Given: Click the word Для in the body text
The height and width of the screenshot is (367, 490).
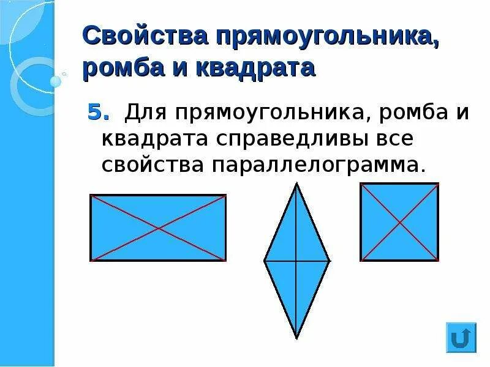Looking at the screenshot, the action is pos(146,113).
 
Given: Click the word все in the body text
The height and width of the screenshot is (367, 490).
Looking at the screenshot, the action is pos(388,138).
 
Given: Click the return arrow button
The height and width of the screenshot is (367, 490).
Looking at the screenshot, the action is pos(462,337).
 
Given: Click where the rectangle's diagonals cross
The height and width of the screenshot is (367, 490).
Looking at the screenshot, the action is pos(158,228).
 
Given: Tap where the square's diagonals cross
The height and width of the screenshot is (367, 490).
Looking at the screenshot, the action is pos(399,222).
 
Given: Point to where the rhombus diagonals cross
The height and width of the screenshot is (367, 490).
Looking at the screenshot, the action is pos(296,261).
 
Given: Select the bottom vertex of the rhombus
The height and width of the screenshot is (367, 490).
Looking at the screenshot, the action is pos(296,338).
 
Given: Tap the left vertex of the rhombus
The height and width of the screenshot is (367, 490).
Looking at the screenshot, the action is pos(264,261).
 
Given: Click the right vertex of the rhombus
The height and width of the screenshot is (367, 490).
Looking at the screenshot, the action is pos(330,261).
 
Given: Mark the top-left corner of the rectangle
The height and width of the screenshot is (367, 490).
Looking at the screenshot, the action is pos(91,196).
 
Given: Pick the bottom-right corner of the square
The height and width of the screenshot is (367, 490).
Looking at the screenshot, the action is pos(438,261).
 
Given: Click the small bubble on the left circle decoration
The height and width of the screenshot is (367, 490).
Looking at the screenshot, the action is pos(56,81).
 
